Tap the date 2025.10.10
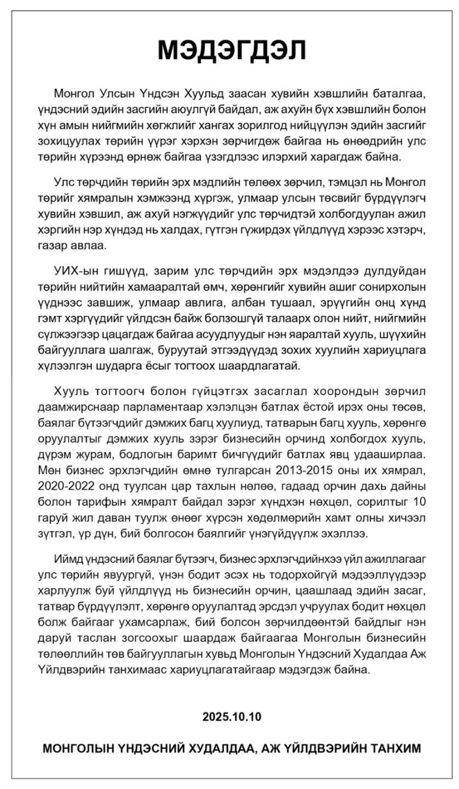coord(229,715)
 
